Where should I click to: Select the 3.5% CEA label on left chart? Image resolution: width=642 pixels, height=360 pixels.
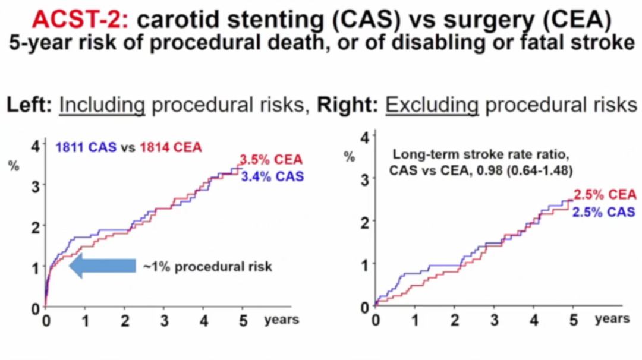tap(270, 160)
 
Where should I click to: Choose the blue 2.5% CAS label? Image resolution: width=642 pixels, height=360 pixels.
tap(603, 212)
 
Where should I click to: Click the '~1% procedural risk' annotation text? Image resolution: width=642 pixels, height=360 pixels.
tap(207, 266)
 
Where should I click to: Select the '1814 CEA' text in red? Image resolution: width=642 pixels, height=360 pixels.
tap(171, 147)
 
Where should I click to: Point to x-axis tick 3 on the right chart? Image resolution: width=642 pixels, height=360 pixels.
tap(495, 320)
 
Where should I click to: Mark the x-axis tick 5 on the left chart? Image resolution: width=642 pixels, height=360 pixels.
tap(243, 320)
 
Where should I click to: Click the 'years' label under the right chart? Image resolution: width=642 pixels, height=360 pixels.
tap(612, 319)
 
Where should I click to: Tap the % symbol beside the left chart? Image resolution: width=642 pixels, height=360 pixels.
tap(14, 166)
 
